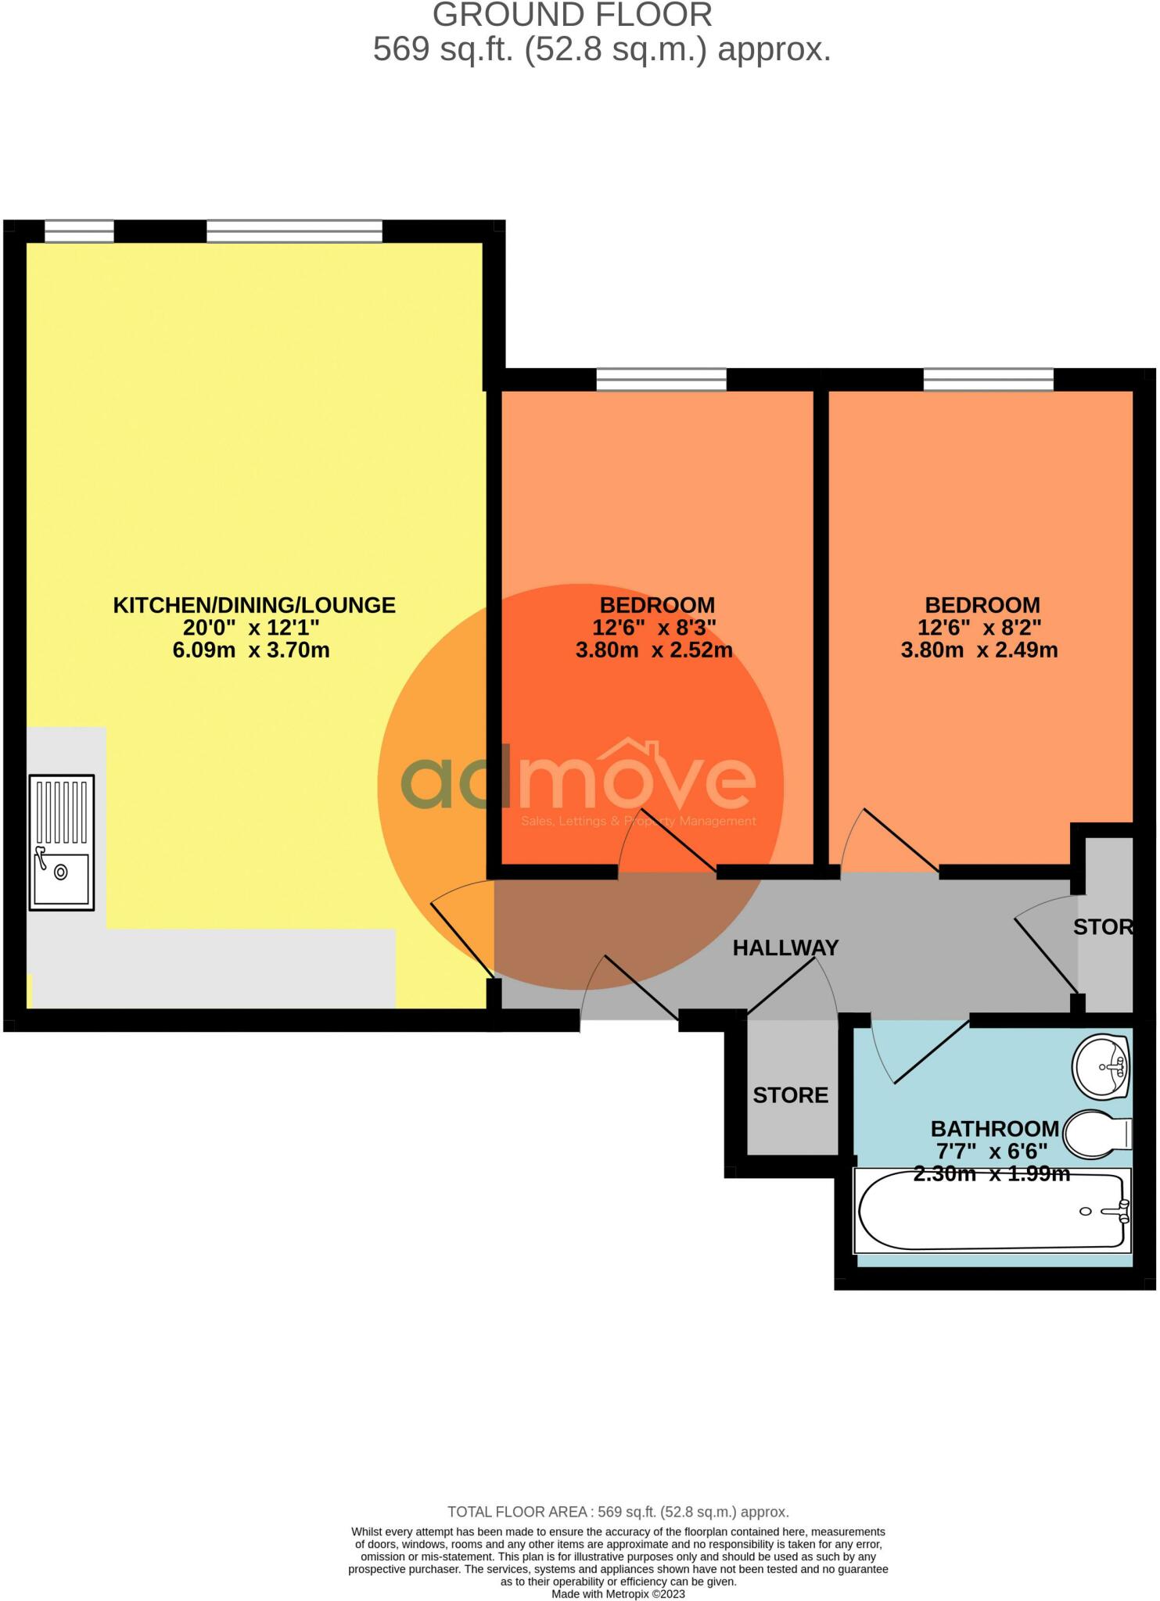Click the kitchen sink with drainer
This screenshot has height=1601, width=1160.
point(62,842)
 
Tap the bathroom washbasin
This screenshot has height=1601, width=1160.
point(1102,1067)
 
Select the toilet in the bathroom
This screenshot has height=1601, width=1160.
point(1099,1133)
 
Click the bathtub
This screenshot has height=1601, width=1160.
point(992,1211)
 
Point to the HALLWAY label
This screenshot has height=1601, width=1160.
point(785,948)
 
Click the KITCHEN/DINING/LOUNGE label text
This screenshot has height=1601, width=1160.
point(254,605)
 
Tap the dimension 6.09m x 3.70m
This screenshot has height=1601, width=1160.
point(251,650)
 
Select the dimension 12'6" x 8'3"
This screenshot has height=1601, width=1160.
point(655,627)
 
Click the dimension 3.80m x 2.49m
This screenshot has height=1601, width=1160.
point(979,650)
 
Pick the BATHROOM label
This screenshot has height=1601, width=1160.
point(994,1129)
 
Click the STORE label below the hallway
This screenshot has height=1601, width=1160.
point(790,1095)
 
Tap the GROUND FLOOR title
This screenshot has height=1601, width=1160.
point(572,16)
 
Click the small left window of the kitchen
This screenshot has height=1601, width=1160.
point(79,231)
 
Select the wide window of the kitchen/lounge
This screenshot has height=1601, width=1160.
point(294,231)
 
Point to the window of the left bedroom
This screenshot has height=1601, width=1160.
point(661,379)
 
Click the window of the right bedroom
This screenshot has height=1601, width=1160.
point(988,379)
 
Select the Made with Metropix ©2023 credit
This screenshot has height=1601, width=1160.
point(618,1594)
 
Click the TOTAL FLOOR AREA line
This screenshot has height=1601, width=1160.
point(618,1512)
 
